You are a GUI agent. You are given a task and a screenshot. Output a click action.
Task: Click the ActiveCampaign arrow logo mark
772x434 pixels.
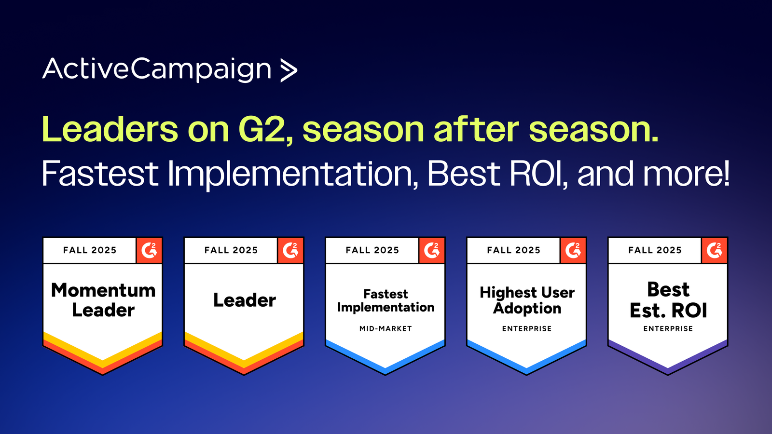click(289, 70)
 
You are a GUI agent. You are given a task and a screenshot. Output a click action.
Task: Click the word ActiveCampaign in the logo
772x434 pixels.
click(157, 70)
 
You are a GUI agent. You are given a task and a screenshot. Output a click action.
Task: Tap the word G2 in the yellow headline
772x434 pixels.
click(265, 130)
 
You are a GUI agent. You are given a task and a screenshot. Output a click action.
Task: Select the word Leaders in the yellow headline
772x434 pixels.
click(110, 129)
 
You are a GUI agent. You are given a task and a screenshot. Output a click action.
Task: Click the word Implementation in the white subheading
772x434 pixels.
click(290, 174)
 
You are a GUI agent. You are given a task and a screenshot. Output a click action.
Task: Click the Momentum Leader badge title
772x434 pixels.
click(103, 299)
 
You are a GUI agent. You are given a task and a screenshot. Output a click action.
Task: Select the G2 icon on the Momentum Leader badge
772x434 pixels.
click(149, 250)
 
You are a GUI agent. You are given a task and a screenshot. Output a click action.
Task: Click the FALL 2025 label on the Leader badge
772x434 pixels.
click(231, 250)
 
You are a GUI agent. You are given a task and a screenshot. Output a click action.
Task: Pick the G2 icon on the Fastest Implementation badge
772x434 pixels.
click(432, 250)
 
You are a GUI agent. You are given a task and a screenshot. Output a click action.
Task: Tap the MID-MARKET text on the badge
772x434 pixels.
click(386, 328)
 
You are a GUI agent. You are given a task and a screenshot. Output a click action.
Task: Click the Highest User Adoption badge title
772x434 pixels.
click(527, 300)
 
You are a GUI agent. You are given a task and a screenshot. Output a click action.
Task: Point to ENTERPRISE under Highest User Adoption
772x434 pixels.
click(527, 328)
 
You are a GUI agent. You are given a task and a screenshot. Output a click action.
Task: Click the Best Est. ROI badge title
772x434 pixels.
click(668, 299)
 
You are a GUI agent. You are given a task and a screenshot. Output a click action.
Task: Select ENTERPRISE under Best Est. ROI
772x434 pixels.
click(668, 328)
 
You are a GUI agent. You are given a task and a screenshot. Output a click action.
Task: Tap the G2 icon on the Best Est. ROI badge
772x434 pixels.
click(715, 250)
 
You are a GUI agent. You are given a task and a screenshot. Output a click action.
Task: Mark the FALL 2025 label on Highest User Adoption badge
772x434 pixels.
click(513, 250)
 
